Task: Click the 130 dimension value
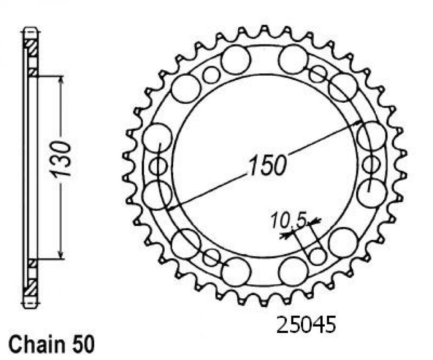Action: pyautogui.click(x=60, y=159)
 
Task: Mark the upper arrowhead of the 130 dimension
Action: pyautogui.click(x=61, y=81)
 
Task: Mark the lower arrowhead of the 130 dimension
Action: pyautogui.click(x=61, y=255)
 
